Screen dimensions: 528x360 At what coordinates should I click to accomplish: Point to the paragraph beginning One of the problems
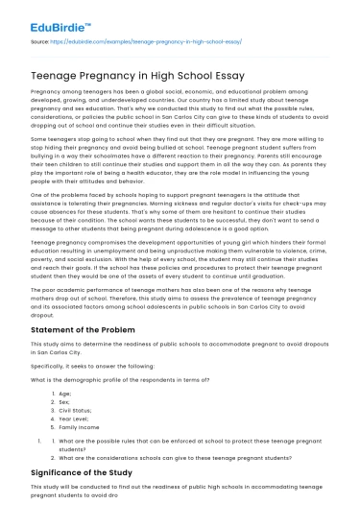coord(180,206)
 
